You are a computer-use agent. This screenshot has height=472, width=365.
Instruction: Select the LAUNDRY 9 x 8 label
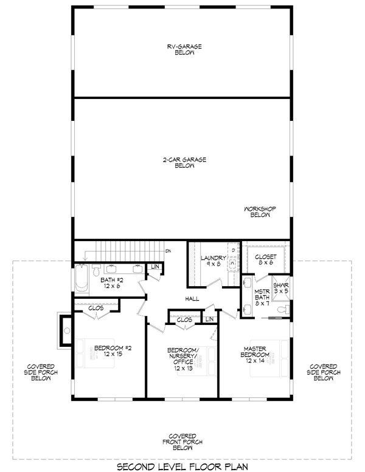point(214,261)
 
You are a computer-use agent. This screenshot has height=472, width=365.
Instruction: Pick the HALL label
point(193,299)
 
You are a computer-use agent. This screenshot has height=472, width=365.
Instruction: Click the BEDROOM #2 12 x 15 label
point(109,351)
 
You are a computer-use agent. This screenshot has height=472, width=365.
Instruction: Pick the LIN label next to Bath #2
point(155,267)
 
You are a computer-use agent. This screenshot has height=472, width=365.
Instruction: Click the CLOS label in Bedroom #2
point(96,308)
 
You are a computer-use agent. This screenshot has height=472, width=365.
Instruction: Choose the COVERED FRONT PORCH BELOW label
point(182,442)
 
